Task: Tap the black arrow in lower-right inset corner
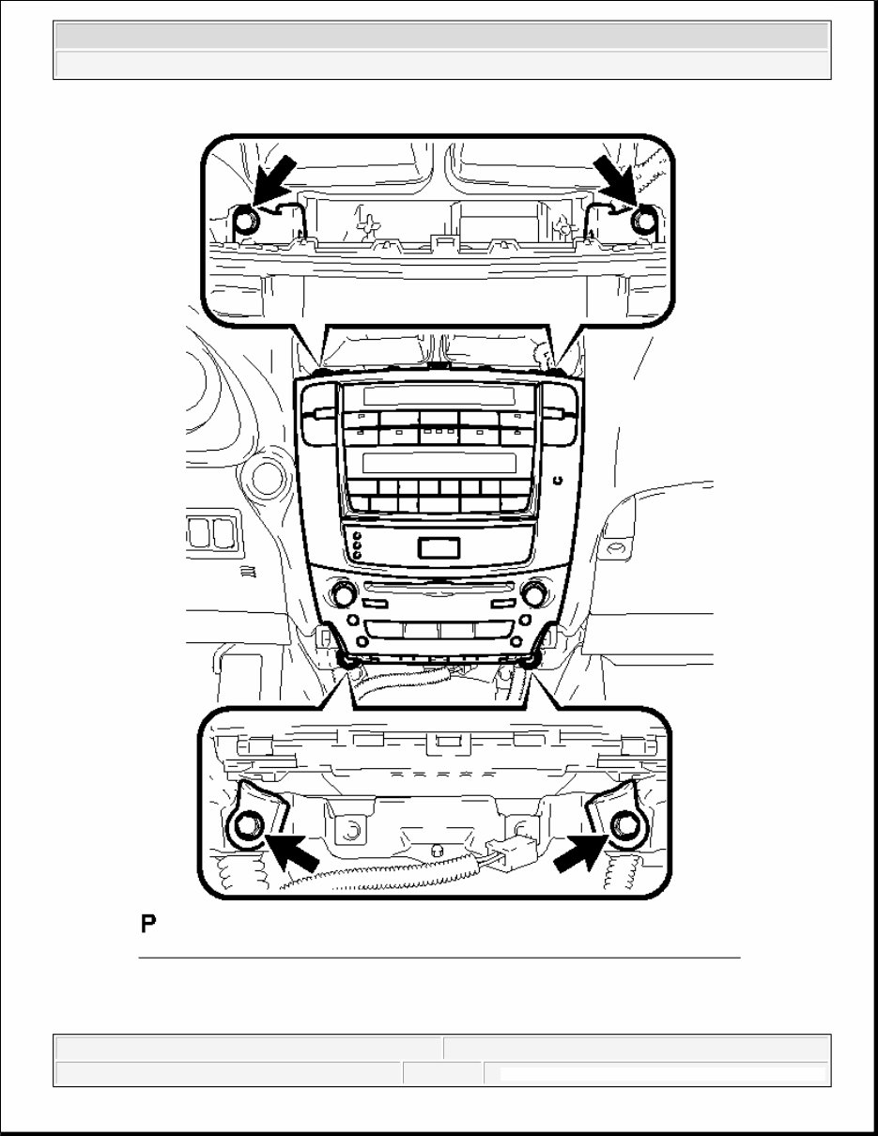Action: click(x=577, y=850)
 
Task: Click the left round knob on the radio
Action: click(x=340, y=594)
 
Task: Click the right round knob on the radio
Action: click(x=534, y=593)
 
